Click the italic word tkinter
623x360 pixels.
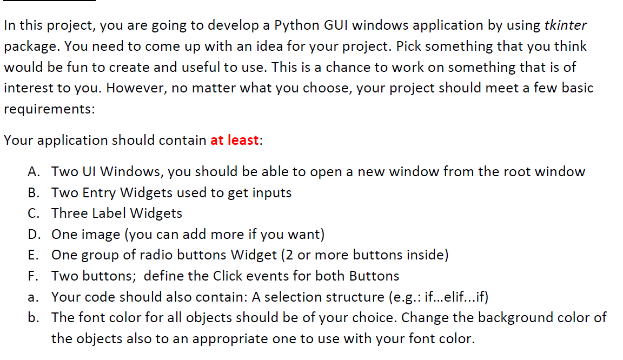click(565, 25)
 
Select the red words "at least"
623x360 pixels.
click(234, 141)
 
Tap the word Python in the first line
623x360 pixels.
click(296, 25)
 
